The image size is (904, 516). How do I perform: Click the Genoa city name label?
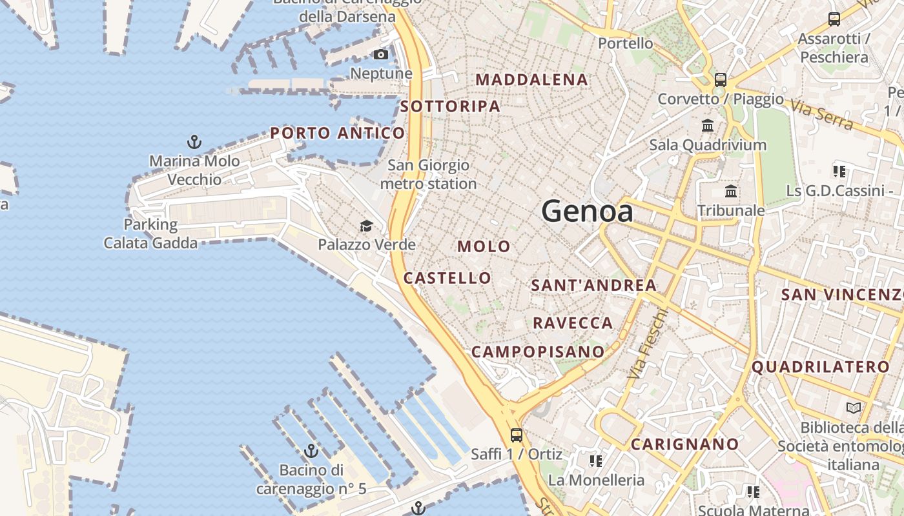pos(587,212)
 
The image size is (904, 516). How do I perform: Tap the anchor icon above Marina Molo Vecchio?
pos(194,141)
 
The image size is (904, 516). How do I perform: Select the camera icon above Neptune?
pos(381,54)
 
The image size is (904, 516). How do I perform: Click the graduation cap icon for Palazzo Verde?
pos(366,226)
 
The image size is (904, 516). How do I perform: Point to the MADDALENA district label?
pos(532,80)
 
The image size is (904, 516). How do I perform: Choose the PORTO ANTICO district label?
pos(337,134)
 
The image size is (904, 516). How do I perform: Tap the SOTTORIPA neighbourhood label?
pos(450,106)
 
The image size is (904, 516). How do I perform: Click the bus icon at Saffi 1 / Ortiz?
pos(516,435)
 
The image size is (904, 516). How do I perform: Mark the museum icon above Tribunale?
pos(731,191)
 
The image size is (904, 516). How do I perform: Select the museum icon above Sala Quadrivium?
pos(708,125)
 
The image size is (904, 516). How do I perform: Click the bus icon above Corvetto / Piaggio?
pos(721,80)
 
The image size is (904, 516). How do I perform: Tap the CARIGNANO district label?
pos(684,444)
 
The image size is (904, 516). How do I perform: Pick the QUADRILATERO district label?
pos(821,368)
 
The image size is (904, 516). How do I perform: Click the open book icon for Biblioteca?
pos(853,408)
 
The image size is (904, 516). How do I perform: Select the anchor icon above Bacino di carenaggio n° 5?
pos(311,451)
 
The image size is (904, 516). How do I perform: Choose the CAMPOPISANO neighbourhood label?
pos(537,352)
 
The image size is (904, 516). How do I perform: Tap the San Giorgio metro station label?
pos(428,175)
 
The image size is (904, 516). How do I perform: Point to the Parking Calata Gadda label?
pos(150,233)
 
